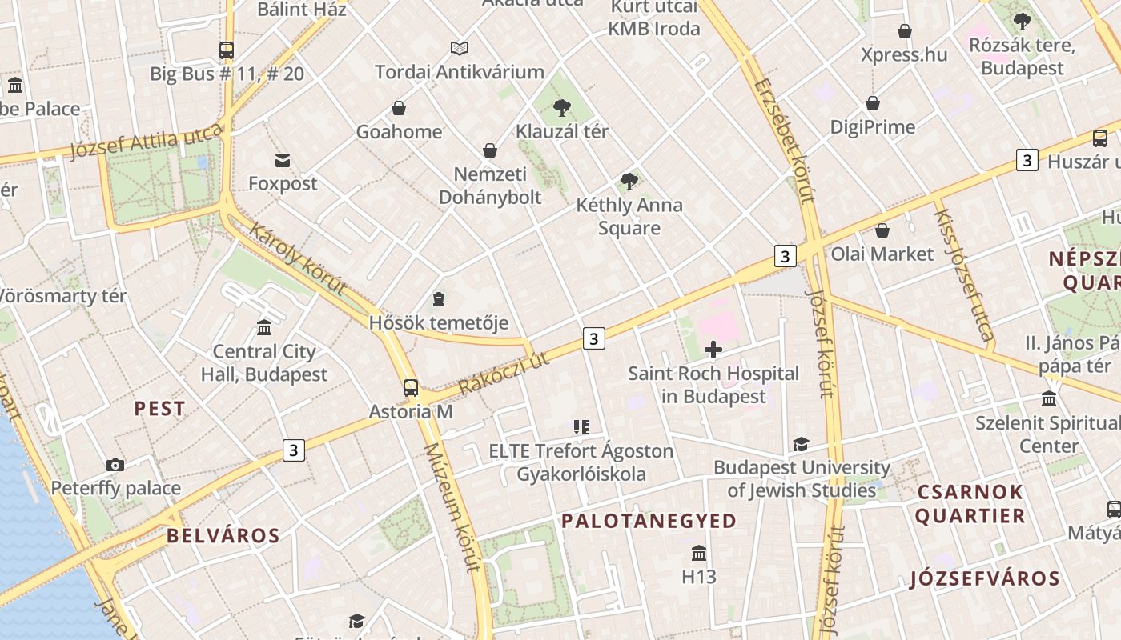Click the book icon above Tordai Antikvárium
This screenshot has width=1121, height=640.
pos(460,49)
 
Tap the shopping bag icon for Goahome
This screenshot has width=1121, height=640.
pos(399,108)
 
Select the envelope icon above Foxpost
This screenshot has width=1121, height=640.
pos(283,161)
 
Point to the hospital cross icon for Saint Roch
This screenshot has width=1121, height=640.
pos(713,350)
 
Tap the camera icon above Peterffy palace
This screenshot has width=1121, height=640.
pos(115,465)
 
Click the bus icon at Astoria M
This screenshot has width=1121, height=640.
pos(411,388)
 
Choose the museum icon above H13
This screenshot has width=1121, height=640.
pos(699,553)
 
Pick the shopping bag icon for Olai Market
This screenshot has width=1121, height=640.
pos(882,230)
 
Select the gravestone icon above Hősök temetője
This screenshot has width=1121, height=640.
pos(438,299)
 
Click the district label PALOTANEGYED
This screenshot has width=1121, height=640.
pos(649,522)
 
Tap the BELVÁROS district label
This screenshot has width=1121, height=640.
pos(223,536)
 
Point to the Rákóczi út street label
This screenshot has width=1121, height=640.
pos(504,373)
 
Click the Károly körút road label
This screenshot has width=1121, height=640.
pos(297,258)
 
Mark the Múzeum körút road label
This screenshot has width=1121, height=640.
pos(452,507)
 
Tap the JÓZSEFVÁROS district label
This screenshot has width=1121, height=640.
pos(984,578)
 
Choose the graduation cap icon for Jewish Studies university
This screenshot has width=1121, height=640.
pos(800,444)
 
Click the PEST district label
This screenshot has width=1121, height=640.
pos(159,409)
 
